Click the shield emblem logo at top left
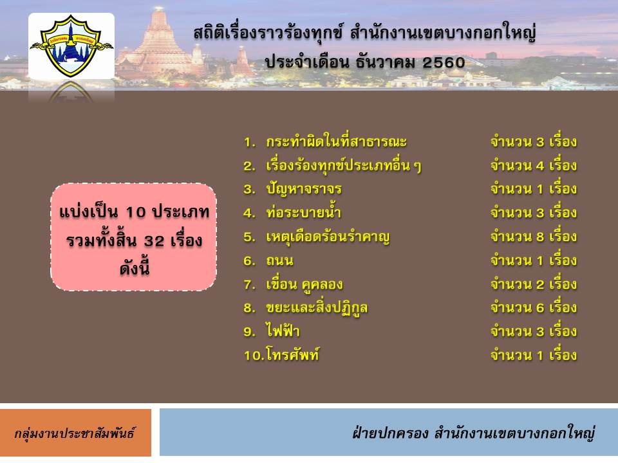coord(71,46)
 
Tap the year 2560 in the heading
coord(444,62)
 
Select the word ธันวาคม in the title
coord(385,62)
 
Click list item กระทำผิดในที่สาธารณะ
coord(336,141)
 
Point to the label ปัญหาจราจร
coord(303,189)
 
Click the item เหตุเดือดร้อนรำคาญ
coord(328,237)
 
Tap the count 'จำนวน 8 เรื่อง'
coord(534,236)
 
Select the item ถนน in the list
coord(279,260)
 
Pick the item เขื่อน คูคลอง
coord(304,284)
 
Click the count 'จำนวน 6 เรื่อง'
coord(534,307)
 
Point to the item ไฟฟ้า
coord(283,331)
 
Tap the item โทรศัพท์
coord(292,354)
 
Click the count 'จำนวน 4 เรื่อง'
coord(534,165)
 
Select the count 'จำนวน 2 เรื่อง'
coord(534,284)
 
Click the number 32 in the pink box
coord(154,241)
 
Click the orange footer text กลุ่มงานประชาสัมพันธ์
coord(75,433)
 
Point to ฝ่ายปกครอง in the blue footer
coord(390,433)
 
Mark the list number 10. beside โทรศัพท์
coord(254,356)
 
